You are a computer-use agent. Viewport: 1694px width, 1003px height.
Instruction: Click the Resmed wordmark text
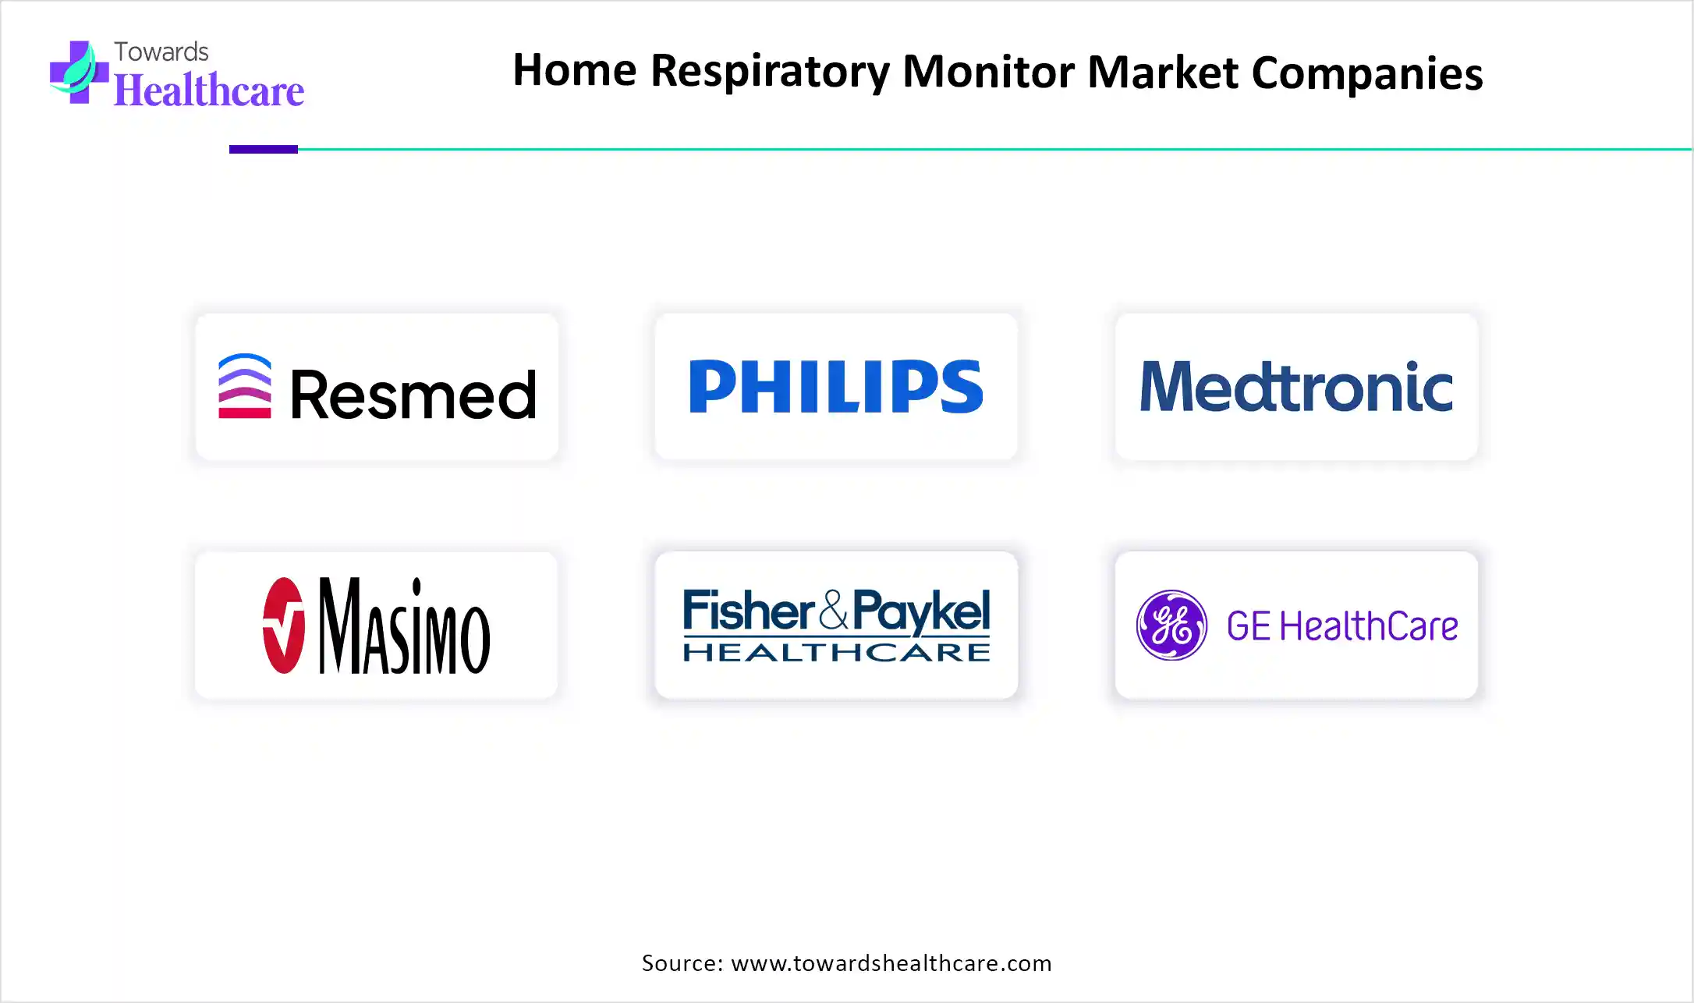tap(413, 394)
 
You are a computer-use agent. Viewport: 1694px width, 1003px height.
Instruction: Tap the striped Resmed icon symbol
tap(245, 387)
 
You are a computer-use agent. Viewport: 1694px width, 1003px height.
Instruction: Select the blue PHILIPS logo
tap(836, 386)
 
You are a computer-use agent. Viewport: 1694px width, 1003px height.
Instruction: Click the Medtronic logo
tap(1296, 386)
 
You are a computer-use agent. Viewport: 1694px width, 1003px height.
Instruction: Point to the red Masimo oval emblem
tap(283, 626)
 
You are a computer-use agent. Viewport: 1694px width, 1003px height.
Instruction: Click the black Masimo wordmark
tap(405, 626)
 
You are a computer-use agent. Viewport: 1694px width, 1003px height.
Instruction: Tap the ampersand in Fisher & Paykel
tap(834, 610)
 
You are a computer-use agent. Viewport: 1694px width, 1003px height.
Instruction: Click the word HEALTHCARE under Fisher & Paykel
tap(837, 652)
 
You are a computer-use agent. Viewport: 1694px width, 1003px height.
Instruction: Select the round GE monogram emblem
tap(1171, 626)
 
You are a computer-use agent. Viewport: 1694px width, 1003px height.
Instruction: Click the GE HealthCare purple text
tap(1342, 626)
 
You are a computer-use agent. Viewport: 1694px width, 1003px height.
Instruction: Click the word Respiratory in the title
tap(770, 72)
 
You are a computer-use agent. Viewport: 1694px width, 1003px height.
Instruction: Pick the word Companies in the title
tap(1367, 73)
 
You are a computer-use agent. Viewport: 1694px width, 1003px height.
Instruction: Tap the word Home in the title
tap(575, 70)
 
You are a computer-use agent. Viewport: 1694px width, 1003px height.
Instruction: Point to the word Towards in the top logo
tap(161, 51)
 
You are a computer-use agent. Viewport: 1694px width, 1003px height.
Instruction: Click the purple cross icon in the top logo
tap(79, 72)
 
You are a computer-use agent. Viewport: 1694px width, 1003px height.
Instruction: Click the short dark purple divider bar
tap(264, 149)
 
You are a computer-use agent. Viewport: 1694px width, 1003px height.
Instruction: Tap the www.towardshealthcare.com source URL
tap(891, 963)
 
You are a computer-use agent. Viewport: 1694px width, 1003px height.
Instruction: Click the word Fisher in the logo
tap(749, 610)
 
